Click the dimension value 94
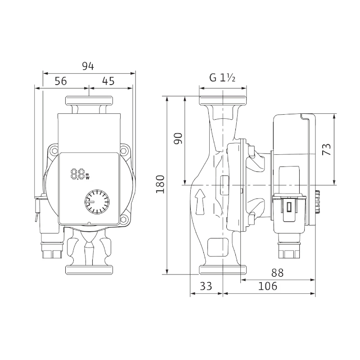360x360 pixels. pyautogui.click(x=88, y=66)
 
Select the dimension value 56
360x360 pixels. pyautogui.click(x=61, y=81)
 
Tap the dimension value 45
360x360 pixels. pyautogui.click(x=108, y=81)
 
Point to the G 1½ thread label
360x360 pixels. pyautogui.click(x=222, y=78)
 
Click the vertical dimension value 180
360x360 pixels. pyautogui.click(x=160, y=184)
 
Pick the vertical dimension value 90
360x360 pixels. pyautogui.click(x=178, y=139)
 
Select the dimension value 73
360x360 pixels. pyautogui.click(x=327, y=149)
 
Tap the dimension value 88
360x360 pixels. pyautogui.click(x=278, y=273)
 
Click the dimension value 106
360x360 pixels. pyautogui.click(x=268, y=286)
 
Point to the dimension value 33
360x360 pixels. pyautogui.click(x=206, y=286)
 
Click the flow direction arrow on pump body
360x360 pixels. pyautogui.click(x=201, y=202)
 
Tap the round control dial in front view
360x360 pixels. pyautogui.click(x=97, y=202)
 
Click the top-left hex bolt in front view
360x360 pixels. pyautogui.click(x=55, y=151)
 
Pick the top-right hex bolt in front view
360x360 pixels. pyautogui.click(x=123, y=151)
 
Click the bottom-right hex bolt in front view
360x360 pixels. pyautogui.click(x=123, y=220)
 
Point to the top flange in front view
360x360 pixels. pyautogui.click(x=89, y=100)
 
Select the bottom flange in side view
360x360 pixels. pyautogui.click(x=223, y=270)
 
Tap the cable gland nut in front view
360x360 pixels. pyautogui.click(x=52, y=250)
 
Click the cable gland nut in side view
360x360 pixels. pyautogui.click(x=289, y=250)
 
